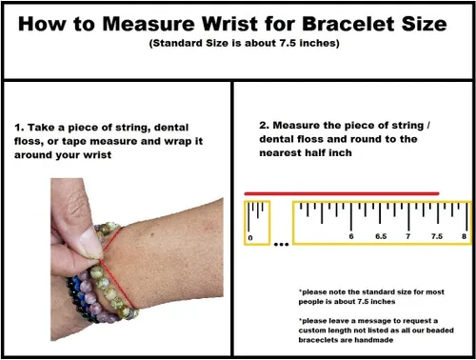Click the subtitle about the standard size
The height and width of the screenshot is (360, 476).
coord(245,43)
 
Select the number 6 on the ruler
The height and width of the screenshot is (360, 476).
coord(351,236)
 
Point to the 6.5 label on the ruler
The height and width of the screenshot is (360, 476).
coord(381,236)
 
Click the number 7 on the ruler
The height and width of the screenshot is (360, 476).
coord(408,236)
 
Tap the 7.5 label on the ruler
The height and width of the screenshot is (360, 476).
coord(437,236)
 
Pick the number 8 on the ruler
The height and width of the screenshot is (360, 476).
coord(464,236)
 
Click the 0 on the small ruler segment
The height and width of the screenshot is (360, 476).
coord(250,238)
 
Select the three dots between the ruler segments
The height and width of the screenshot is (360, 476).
coord(281,245)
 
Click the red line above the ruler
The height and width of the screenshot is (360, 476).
coord(342,193)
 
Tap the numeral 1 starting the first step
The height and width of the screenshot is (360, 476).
coord(18,128)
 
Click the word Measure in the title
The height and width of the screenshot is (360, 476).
coord(149,24)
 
